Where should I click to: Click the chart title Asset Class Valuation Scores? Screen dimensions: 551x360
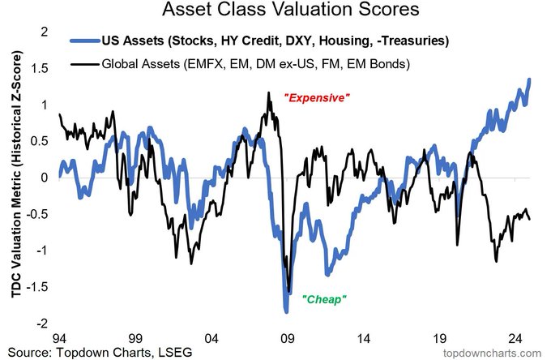(x=291, y=9)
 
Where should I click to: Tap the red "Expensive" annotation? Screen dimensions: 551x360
(x=317, y=98)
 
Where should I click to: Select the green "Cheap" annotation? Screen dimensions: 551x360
(x=324, y=299)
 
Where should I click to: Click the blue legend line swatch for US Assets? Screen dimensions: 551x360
(x=85, y=41)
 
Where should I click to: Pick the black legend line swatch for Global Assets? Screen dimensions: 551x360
(x=85, y=64)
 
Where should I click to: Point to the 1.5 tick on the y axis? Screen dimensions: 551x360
(x=39, y=69)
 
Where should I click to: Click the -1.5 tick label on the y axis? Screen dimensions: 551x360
(x=37, y=287)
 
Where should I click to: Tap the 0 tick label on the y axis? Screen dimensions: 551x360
(x=44, y=178)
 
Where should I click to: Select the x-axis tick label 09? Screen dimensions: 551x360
(x=287, y=339)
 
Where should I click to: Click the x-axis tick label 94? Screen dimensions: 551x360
(x=58, y=339)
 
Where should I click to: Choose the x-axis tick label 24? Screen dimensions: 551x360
(x=515, y=339)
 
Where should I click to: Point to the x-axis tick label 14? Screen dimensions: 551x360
(x=363, y=339)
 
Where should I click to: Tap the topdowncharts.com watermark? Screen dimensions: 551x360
(x=493, y=353)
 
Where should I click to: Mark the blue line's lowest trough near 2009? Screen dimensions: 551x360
(x=286, y=311)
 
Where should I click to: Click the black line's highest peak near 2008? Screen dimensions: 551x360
(x=269, y=92)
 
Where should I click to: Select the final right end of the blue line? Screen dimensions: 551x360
(x=530, y=79)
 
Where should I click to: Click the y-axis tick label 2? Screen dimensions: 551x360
(x=44, y=32)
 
